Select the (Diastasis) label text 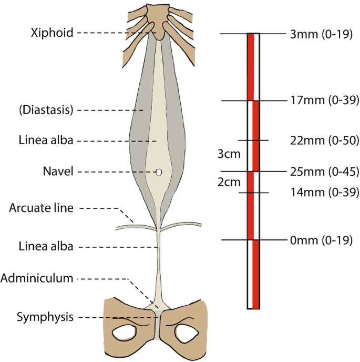[x=45, y=110]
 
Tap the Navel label [x=59, y=172]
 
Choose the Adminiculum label [x=36, y=278]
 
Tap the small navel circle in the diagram [x=159, y=172]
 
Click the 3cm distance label [x=229, y=155]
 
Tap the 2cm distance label [x=229, y=182]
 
